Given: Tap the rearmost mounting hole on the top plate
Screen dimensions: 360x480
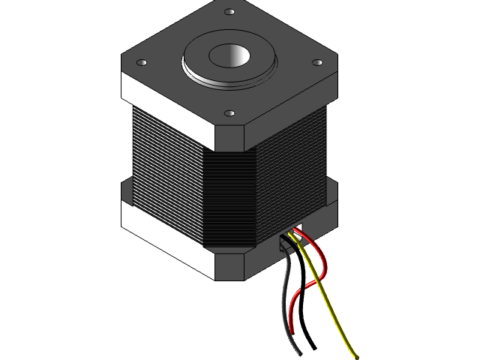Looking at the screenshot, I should (x=227, y=12).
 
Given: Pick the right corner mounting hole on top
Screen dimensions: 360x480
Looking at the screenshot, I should (x=316, y=63).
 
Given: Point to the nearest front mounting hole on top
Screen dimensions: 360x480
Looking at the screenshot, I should (x=229, y=114).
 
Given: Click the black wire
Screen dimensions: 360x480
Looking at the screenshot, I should (x=286, y=300).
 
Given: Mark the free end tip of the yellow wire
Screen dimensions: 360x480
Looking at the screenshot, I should (x=353, y=356).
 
